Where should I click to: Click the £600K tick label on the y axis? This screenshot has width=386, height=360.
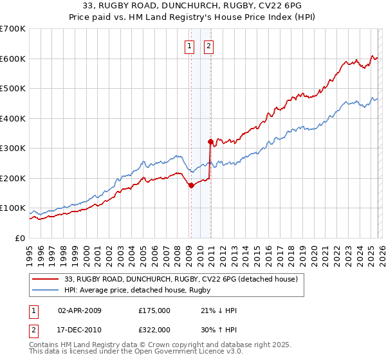pyautogui.click(x=12, y=59)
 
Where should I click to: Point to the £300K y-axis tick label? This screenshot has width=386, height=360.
pyautogui.click(x=12, y=148)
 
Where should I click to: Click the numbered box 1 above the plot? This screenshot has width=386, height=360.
pyautogui.click(x=190, y=46)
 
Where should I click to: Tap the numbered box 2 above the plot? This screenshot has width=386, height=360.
pyautogui.click(x=210, y=46)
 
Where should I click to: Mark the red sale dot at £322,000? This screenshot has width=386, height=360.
pyautogui.click(x=210, y=141)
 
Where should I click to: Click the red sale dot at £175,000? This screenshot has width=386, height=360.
pyautogui.click(x=191, y=185)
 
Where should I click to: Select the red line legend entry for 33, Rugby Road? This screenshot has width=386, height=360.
pyautogui.click(x=181, y=280)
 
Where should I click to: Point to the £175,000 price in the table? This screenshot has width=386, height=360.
pyautogui.click(x=154, y=310)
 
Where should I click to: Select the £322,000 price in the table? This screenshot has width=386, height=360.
pyautogui.click(x=154, y=329)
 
